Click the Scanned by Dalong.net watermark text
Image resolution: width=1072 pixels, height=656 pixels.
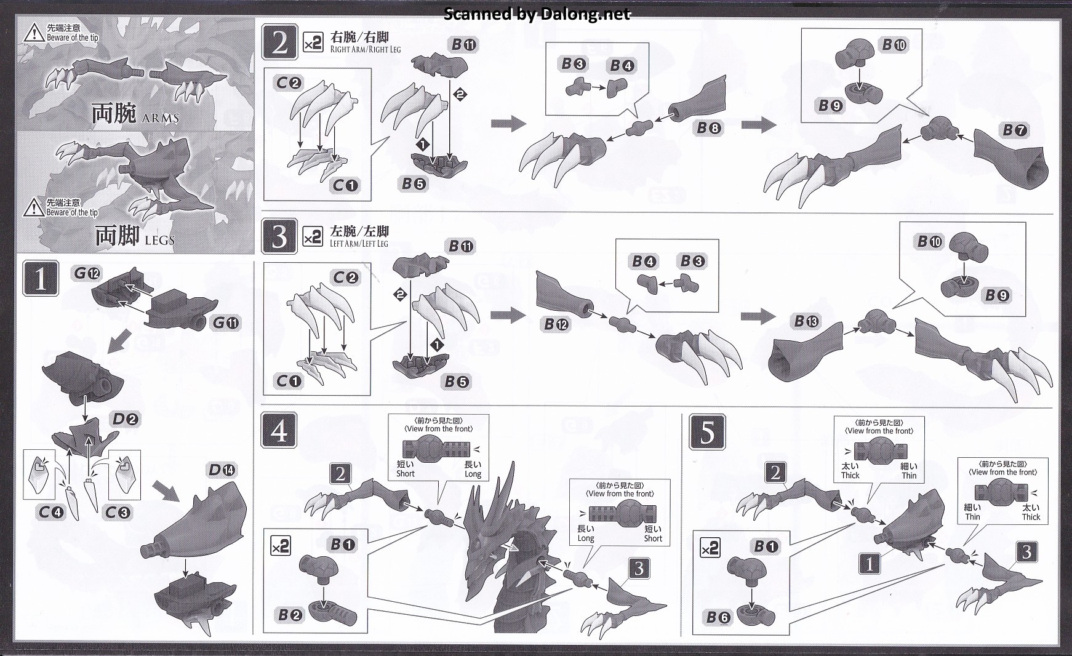pyautogui.click(x=537, y=14)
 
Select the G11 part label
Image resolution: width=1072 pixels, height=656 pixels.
pyautogui.click(x=226, y=322)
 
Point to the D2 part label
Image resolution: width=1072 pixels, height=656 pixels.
pyautogui.click(x=126, y=420)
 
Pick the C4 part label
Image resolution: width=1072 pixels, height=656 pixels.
pyautogui.click(x=51, y=512)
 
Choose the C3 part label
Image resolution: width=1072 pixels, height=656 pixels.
pyautogui.click(x=117, y=512)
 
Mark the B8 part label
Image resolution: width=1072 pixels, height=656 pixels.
pyautogui.click(x=709, y=128)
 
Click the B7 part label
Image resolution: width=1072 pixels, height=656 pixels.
pyautogui.click(x=1014, y=130)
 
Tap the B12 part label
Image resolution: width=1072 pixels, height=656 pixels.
pyautogui.click(x=556, y=324)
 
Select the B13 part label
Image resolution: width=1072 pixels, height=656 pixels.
pyautogui.click(x=806, y=321)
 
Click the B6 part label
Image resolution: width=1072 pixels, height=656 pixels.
pyautogui.click(x=718, y=617)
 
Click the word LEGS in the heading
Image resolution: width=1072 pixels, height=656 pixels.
pyautogui.click(x=159, y=239)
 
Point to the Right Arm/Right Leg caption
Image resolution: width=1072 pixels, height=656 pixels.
pyautogui.click(x=365, y=49)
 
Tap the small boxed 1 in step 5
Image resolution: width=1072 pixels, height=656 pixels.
pyautogui.click(x=869, y=564)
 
